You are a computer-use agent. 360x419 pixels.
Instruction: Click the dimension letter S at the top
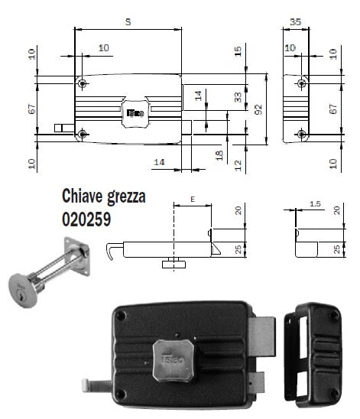click(x=128, y=22)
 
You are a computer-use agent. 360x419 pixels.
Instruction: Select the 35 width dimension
click(x=296, y=22)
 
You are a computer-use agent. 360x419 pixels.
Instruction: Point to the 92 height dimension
click(x=257, y=109)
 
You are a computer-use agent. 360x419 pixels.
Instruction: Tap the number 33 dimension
click(x=238, y=96)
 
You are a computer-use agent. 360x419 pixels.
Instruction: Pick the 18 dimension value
click(x=219, y=155)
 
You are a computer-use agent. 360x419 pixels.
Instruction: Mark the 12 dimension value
click(x=238, y=165)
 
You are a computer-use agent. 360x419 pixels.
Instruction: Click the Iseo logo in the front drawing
click(x=135, y=112)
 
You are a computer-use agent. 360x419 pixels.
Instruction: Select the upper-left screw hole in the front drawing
click(x=82, y=83)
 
